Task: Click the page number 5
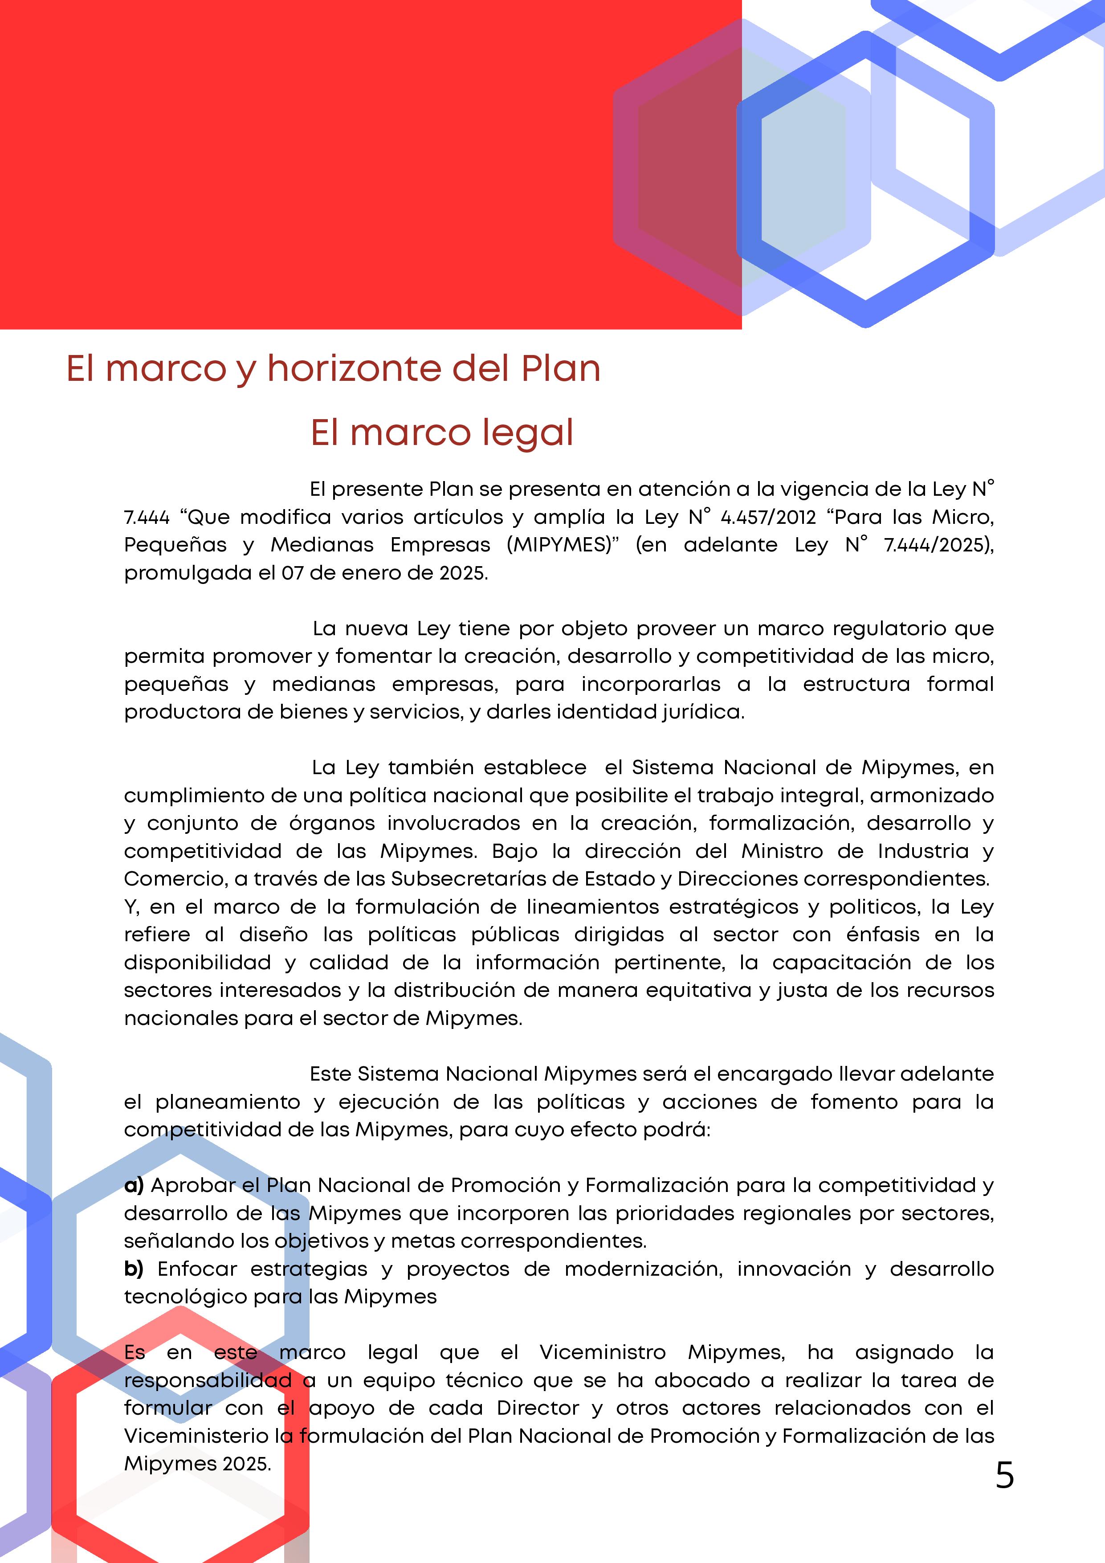click(x=1004, y=1476)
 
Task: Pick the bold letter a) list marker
click(x=134, y=1185)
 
